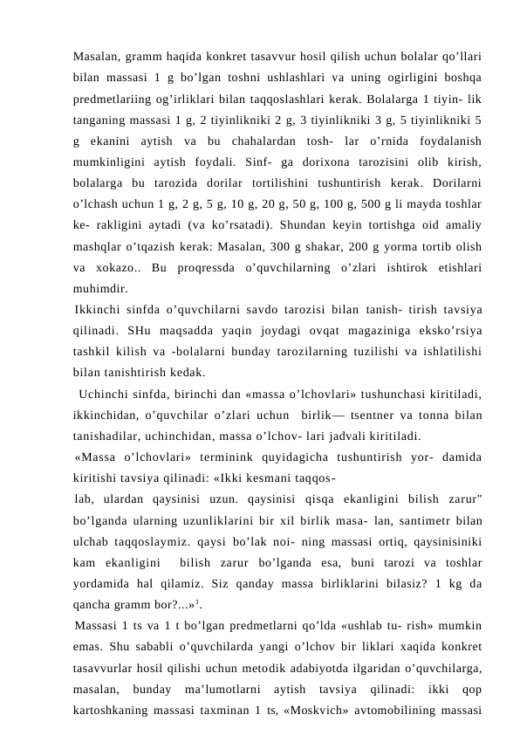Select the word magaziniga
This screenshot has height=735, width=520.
pos(350,336)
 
